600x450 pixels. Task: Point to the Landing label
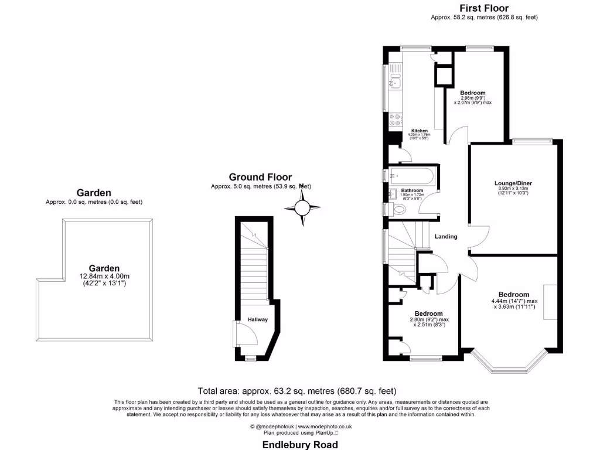(x=446, y=237)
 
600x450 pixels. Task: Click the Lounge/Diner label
(x=513, y=183)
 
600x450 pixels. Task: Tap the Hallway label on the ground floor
(x=257, y=319)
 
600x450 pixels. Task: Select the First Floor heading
(x=483, y=8)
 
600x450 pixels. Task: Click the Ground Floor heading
(x=260, y=177)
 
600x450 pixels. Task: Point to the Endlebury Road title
(x=300, y=445)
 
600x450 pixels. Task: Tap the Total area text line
(x=297, y=391)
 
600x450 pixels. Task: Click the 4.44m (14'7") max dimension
(x=514, y=301)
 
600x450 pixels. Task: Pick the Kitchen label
(x=419, y=131)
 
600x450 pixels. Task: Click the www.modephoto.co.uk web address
(x=325, y=427)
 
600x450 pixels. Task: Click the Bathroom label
(x=412, y=191)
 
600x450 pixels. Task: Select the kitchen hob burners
(x=395, y=120)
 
